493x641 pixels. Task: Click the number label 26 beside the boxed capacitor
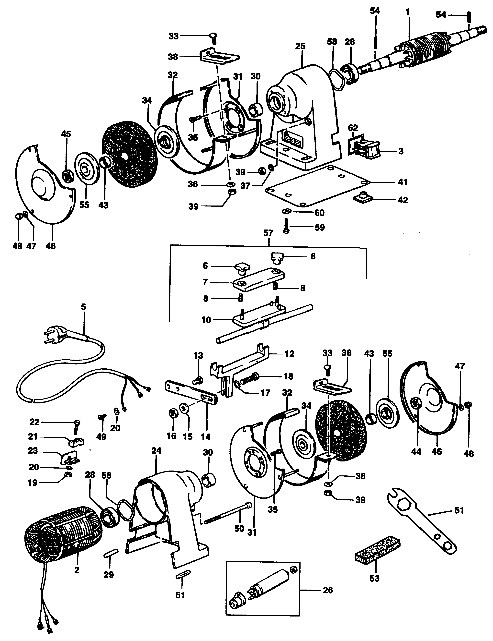click(x=327, y=590)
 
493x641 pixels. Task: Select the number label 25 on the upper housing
click(x=300, y=46)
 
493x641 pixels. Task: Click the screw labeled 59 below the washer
click(x=286, y=226)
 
